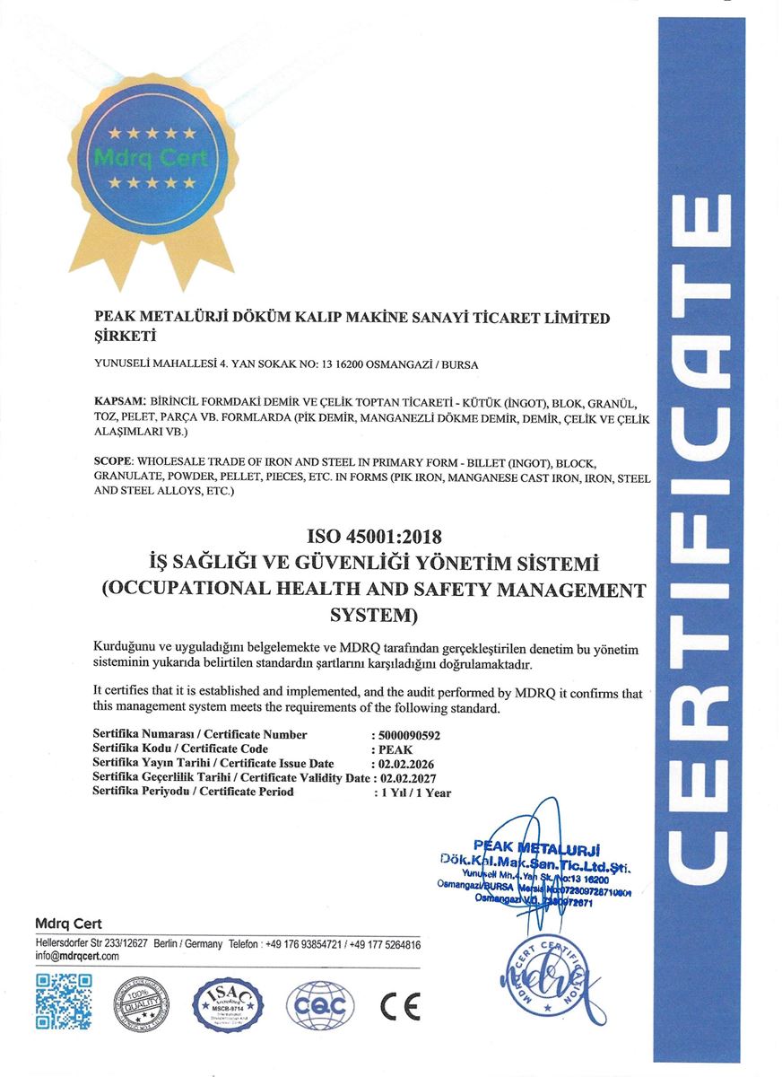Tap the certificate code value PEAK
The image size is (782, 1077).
coord(395,749)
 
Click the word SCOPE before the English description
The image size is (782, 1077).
coord(113,460)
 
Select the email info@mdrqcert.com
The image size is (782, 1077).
coord(77,957)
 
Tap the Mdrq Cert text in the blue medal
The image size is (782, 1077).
coord(151,160)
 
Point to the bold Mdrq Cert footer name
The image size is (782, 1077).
coord(68,924)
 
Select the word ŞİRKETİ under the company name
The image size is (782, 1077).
coord(126,337)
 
